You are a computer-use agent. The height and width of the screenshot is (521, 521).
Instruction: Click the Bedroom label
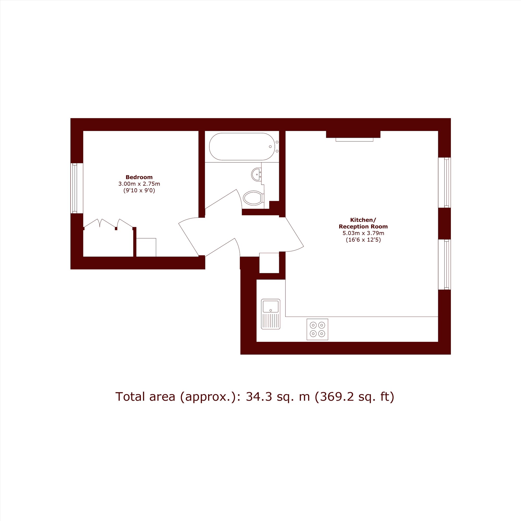139,177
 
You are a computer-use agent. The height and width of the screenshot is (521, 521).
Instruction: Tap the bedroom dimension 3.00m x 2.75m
139,184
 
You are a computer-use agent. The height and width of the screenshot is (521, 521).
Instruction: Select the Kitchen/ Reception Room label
363,223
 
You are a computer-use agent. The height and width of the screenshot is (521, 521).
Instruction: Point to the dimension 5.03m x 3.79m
363,233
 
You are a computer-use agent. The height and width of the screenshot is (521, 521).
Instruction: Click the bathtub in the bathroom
242,146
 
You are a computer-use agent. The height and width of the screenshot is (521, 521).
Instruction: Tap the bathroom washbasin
256,175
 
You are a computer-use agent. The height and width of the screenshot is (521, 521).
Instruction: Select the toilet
253,198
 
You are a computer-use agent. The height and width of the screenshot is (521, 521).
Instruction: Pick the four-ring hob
317,329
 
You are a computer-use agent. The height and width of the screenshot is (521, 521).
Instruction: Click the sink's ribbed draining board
270,321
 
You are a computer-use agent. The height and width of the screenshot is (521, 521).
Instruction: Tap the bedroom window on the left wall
74,188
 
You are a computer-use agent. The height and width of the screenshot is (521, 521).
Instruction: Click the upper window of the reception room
447,183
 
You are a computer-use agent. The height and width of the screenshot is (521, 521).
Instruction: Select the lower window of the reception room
447,264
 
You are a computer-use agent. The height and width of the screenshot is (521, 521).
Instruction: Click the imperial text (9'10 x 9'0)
139,191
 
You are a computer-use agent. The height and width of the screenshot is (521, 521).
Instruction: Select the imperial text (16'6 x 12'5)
363,240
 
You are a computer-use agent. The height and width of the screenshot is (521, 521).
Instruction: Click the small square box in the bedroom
146,247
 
